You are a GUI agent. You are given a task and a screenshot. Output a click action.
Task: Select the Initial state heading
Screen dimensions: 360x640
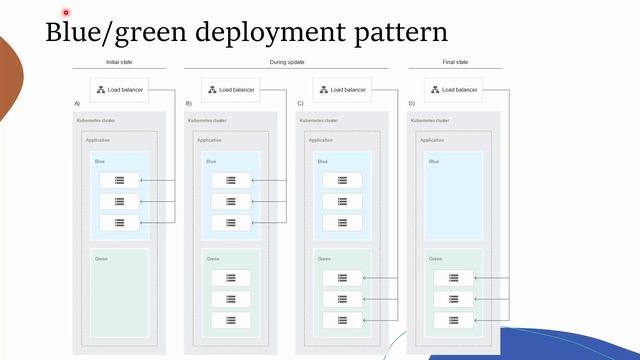pyautogui.click(x=119, y=62)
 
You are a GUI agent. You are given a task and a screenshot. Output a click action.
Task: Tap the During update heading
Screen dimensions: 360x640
pyautogui.click(x=286, y=62)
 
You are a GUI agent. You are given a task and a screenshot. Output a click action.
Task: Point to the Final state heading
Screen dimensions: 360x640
pyautogui.click(x=455, y=62)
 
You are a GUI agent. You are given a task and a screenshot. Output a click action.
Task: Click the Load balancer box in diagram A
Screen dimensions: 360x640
pyautogui.click(x=119, y=90)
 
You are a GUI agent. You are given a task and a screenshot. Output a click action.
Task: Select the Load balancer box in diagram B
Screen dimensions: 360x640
pyautogui.click(x=231, y=90)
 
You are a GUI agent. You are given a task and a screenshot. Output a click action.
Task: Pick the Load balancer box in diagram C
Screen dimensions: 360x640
pyautogui.click(x=342, y=90)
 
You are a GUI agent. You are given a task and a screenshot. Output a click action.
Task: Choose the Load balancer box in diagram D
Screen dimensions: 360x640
pyautogui.click(x=453, y=90)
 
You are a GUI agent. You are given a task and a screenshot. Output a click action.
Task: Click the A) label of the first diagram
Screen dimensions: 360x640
pyautogui.click(x=77, y=104)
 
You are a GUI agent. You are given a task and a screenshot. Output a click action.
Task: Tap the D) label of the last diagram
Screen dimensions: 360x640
pyautogui.click(x=411, y=104)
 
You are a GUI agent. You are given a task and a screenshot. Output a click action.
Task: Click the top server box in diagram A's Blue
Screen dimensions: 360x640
pyautogui.click(x=119, y=180)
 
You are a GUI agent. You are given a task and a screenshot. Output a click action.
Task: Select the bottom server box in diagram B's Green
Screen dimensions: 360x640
pyautogui.click(x=231, y=320)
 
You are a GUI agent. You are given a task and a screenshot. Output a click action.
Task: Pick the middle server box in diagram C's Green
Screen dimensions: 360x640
pyautogui.click(x=342, y=299)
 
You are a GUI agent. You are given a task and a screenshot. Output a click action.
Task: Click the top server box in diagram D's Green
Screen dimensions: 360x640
pyautogui.click(x=453, y=278)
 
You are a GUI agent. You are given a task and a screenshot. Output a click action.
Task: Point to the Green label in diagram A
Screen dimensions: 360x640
pyautogui.click(x=101, y=259)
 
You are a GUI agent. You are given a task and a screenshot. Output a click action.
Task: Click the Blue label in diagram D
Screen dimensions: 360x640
pyautogui.click(x=434, y=161)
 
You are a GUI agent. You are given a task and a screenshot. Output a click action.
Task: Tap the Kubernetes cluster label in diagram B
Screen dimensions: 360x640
pyautogui.click(x=208, y=121)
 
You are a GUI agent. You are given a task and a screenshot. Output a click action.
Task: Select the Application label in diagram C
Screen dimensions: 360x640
pyautogui.click(x=320, y=140)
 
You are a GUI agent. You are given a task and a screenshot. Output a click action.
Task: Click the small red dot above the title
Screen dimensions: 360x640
pyautogui.click(x=66, y=13)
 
